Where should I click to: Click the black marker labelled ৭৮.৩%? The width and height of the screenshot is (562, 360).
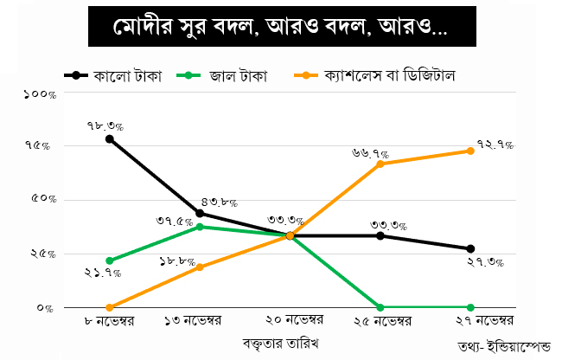pos(110,138)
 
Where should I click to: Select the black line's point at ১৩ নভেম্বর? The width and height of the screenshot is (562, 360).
pos(200,213)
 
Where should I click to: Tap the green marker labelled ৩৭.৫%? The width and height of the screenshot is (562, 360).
pos(200,227)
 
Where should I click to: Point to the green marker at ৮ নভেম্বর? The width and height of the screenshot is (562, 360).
pos(110,260)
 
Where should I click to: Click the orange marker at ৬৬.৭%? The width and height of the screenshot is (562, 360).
pos(380,164)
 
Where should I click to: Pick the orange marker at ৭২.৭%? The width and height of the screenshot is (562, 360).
pos(470,151)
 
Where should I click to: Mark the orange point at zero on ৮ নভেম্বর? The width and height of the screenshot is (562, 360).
pos(110,307)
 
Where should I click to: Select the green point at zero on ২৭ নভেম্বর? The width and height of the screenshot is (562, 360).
pos(470,307)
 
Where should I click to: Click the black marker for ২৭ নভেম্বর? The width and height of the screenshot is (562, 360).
pos(470,248)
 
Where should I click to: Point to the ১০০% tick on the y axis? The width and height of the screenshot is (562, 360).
pos(40,93)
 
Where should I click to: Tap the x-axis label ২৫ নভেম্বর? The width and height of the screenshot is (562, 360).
pos(380,321)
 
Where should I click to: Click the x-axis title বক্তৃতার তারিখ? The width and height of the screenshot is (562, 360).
pos(281,344)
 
